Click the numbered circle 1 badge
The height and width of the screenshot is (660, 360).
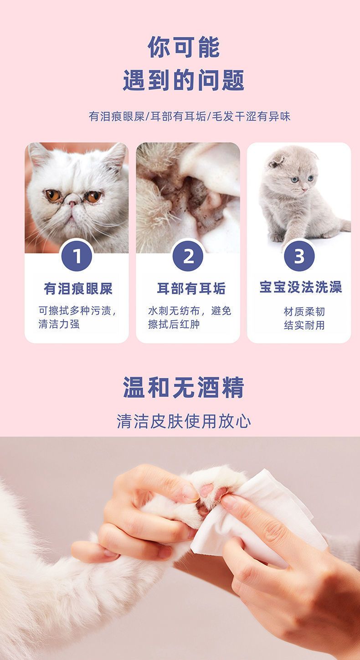77,256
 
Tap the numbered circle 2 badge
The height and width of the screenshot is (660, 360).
188,256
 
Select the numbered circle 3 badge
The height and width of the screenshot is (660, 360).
299,256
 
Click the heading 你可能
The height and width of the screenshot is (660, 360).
184,47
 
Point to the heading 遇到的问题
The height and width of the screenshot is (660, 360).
184,80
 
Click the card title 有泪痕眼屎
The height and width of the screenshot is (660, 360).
78,289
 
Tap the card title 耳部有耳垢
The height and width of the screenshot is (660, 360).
191,289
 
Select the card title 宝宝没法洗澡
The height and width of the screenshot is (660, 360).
301,287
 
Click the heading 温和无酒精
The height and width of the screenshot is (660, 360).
184,387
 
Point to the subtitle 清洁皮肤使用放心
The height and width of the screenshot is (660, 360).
184,421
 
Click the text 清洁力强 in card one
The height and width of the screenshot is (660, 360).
59,324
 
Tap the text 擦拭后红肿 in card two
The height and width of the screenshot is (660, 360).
174,324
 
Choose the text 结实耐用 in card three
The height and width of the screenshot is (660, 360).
304,325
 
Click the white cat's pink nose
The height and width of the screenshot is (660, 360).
72,203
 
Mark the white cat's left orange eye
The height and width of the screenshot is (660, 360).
53,196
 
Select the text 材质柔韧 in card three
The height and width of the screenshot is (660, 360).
304,312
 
